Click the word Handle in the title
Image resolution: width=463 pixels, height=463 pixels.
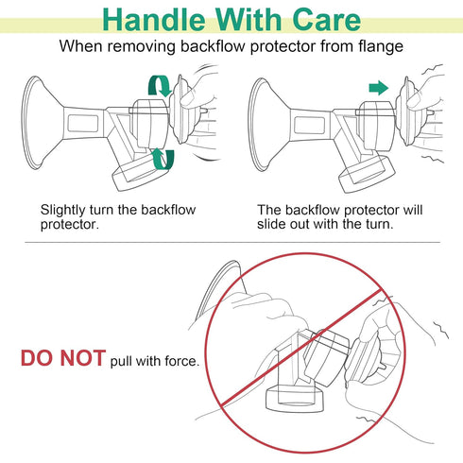pyautogui.click(x=154, y=20)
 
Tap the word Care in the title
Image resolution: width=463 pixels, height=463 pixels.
pyautogui.click(x=326, y=20)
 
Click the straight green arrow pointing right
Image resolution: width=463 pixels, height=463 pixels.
pyautogui.click(x=379, y=88)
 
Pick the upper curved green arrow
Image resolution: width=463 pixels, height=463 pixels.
pyautogui.click(x=161, y=86)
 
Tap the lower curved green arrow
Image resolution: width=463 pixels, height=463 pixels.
pyautogui.click(x=163, y=159)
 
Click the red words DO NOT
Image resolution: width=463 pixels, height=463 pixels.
pyautogui.click(x=63, y=358)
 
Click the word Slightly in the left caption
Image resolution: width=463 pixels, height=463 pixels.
pyautogui.click(x=63, y=211)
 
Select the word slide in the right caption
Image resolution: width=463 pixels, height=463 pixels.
pyautogui.click(x=272, y=224)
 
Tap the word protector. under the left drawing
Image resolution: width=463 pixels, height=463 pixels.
pyautogui.click(x=70, y=225)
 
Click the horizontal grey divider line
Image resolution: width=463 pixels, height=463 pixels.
pyautogui.click(x=232, y=243)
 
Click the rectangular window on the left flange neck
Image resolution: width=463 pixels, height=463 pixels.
pyautogui.click(x=83, y=124)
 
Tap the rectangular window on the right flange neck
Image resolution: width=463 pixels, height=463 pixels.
pyautogui.click(x=309, y=125)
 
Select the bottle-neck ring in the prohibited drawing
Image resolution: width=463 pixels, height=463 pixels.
pyautogui.click(x=295, y=400)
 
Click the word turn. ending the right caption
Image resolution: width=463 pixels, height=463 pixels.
pyautogui.click(x=380, y=224)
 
